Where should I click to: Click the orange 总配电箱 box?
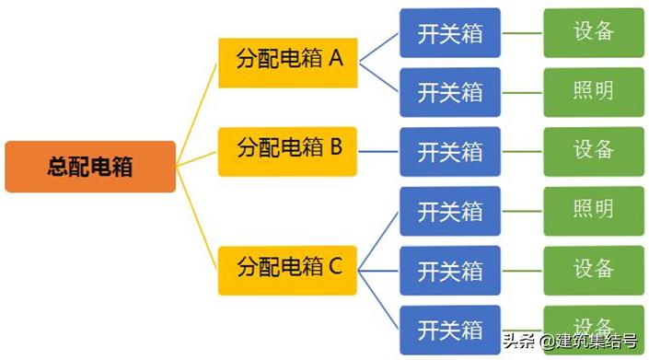coord(90,167)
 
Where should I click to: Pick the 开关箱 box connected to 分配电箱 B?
coord(450,151)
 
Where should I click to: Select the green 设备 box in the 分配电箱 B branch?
coord(593,150)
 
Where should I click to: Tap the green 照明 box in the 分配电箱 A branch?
coord(593,91)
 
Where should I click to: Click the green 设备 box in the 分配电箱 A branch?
coord(593,32)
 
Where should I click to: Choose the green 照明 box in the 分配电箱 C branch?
coord(593,210)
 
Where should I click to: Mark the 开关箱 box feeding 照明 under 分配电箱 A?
coord(450,92)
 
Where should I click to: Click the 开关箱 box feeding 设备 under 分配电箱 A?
coord(450,34)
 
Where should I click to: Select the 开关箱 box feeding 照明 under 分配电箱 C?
coord(450,211)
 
